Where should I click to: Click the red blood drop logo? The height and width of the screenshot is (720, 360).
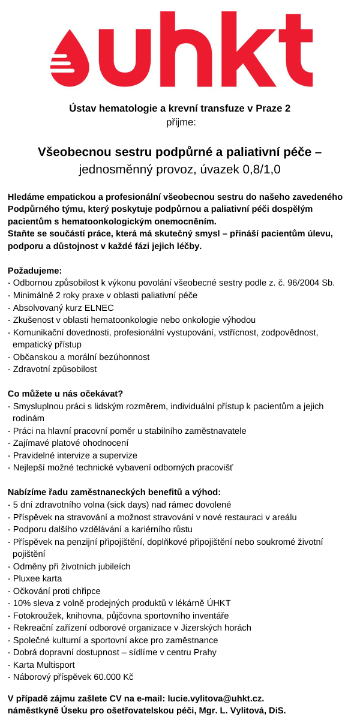pyautogui.click(x=79, y=56)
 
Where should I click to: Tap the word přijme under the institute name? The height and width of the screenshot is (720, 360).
pyautogui.click(x=180, y=122)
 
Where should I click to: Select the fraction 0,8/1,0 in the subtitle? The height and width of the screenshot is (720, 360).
pyautogui.click(x=262, y=169)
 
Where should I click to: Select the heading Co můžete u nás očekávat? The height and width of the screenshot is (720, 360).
pyautogui.click(x=65, y=394)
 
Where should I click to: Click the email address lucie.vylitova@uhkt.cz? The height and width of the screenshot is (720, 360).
pyautogui.click(x=215, y=698)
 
